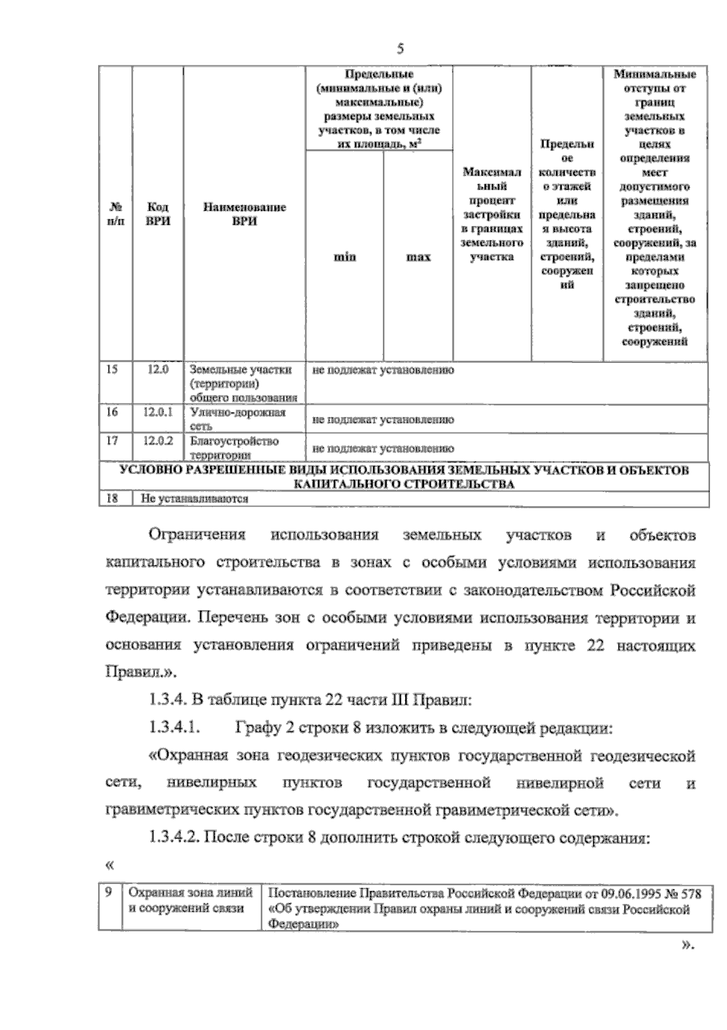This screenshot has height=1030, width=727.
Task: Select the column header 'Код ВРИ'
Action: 158,214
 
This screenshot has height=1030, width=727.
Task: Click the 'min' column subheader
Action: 345,257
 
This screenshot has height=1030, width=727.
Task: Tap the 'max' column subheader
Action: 418,257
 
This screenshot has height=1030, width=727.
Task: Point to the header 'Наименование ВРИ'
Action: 244,214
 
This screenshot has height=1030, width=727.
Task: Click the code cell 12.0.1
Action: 158,413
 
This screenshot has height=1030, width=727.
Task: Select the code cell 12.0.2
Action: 158,441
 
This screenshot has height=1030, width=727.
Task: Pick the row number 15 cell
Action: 112,369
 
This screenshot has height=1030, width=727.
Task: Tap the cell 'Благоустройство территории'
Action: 234,448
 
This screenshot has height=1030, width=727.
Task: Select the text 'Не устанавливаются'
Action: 195,499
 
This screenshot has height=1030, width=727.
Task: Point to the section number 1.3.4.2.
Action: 173,839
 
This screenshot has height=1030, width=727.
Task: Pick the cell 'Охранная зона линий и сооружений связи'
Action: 191,900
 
